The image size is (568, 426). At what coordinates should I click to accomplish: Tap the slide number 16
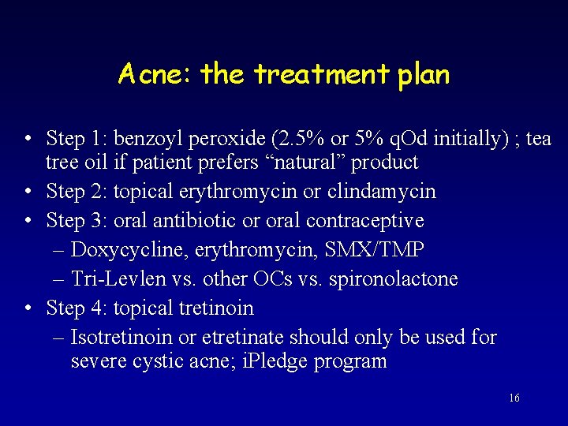coord(514,398)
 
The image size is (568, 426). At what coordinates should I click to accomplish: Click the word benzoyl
coord(145,139)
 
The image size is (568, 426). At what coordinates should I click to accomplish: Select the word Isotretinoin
coord(121,338)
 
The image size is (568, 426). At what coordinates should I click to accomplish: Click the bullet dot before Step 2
coord(28,192)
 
